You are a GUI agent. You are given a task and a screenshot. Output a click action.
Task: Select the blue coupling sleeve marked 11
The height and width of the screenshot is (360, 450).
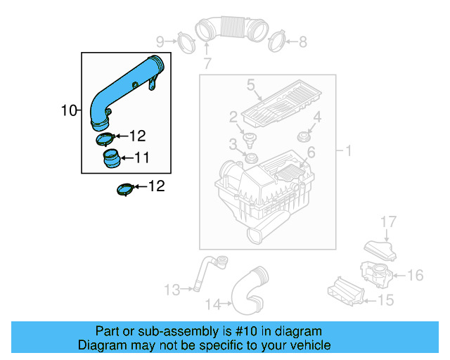[110, 159]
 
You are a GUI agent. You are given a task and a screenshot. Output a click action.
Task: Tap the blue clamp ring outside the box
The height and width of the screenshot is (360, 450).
[124, 190]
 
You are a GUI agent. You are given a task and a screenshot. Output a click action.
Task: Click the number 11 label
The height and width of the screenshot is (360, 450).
[141, 158]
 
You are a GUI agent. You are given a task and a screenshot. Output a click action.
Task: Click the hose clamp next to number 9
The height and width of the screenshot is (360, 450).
[184, 41]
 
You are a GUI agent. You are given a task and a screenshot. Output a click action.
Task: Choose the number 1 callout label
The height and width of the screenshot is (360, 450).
[346, 150]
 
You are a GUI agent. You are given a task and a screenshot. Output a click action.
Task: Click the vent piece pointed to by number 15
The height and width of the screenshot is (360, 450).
[347, 292]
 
